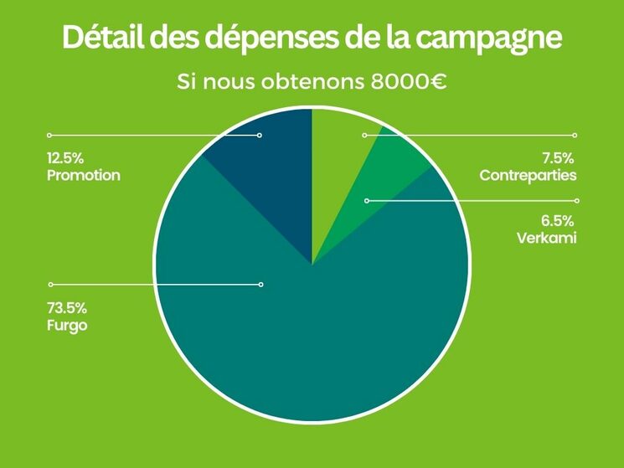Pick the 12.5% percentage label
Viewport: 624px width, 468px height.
point(66,157)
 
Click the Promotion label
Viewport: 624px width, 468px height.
point(84,176)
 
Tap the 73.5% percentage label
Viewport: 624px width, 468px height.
point(66,307)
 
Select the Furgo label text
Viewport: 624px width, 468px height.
point(67,325)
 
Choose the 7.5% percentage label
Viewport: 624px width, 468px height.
point(558,157)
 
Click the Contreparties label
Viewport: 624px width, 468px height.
point(528,176)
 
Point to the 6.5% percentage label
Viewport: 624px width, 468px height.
point(558,222)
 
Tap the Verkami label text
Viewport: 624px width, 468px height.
point(547,239)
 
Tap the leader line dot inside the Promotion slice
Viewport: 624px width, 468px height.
point(260,135)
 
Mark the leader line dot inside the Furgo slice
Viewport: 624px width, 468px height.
point(260,285)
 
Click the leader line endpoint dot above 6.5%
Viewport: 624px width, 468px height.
point(575,201)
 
